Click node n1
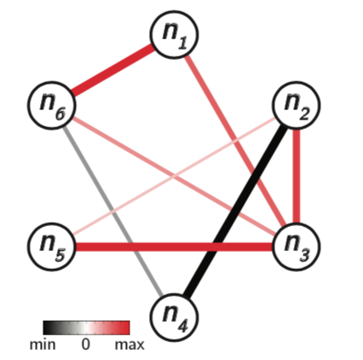tap(174, 35)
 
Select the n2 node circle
tap(297, 105)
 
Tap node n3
tap(297, 247)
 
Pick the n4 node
tap(174, 317)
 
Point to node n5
tap(52, 247)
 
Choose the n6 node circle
tap(52, 105)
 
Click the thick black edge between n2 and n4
tap(235, 211)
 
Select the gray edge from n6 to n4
tap(112, 211)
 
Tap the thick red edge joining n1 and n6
tap(112, 70)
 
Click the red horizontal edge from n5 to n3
tap(174, 247)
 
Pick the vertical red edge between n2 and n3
tap(297, 176)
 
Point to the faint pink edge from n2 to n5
tap(174, 176)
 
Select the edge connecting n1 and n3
tap(235, 141)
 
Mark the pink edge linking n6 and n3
tap(174, 176)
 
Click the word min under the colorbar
tap(43, 345)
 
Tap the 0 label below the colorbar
tap(85, 345)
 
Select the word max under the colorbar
tap(130, 345)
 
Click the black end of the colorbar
tap(46, 328)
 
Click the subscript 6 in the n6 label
tap(60, 114)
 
